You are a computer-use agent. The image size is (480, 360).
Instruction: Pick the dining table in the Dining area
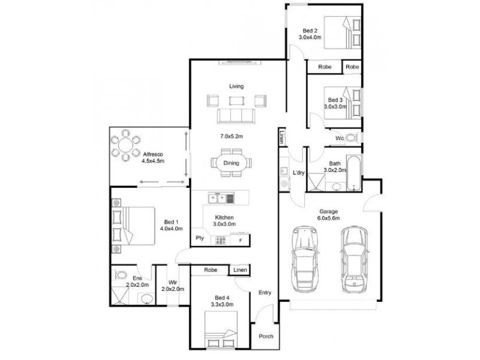(x=231, y=163)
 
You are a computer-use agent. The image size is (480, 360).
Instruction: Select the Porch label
(x=266, y=336)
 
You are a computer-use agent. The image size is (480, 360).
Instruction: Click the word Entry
(x=265, y=293)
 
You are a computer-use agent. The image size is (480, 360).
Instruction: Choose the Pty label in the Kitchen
(x=199, y=238)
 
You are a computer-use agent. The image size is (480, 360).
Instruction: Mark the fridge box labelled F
(x=241, y=240)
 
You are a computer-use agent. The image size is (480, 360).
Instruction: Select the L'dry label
(x=298, y=173)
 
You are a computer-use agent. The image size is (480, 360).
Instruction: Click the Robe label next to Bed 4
(x=210, y=271)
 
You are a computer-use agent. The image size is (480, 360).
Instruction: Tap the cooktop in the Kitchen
(x=220, y=240)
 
